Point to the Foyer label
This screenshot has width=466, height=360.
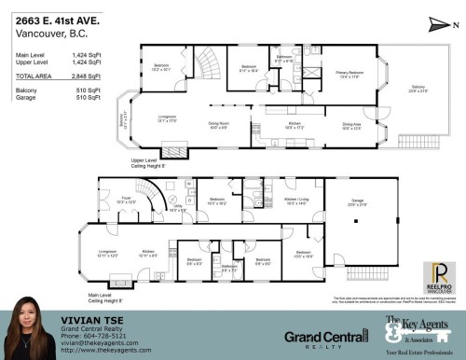[124, 199]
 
